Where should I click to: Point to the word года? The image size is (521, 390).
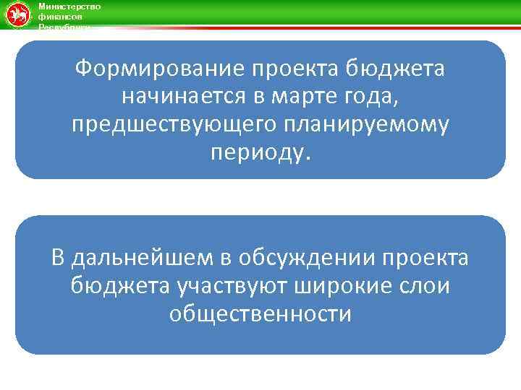click(370, 97)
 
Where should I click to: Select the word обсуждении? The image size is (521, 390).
click(305, 258)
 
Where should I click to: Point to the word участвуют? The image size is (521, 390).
click(233, 286)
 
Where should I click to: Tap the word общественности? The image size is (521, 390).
click(260, 313)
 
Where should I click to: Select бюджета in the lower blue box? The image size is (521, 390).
click(120, 286)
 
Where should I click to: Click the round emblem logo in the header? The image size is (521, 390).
click(17, 15)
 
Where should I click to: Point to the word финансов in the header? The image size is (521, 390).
click(56, 16)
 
